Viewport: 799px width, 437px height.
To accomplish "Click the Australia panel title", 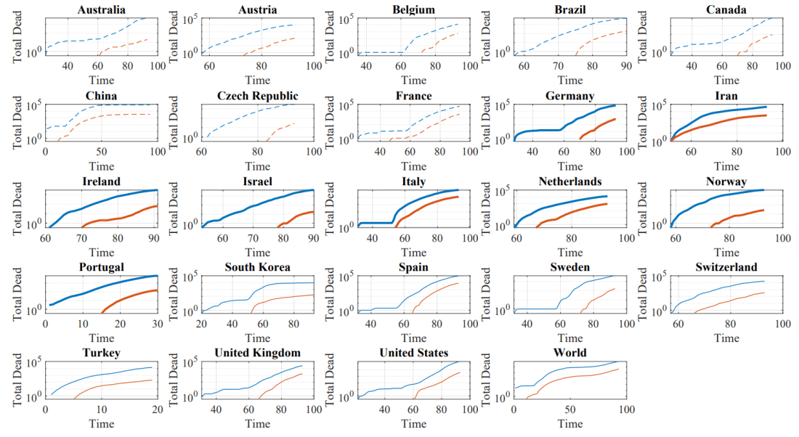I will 97,9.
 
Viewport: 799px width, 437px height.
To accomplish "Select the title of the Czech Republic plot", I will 257,96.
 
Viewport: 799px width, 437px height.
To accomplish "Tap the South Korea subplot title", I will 257,268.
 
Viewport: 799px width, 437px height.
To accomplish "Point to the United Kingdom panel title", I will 257,353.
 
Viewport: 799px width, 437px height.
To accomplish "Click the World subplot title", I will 570,353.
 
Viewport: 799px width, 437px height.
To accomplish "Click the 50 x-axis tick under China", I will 102,152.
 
